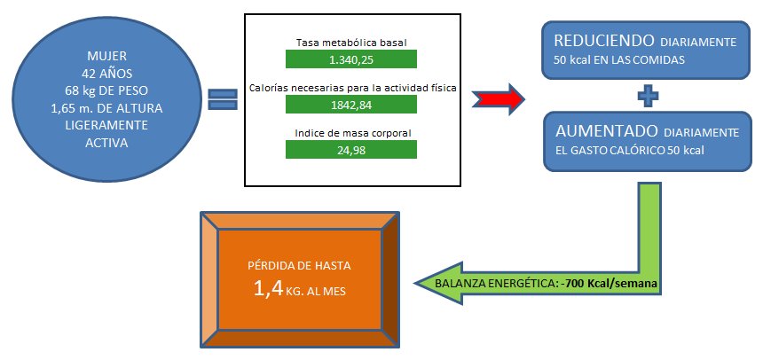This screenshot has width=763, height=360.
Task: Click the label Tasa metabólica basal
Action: [x=350, y=42]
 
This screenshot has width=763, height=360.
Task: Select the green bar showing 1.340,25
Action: [x=350, y=59]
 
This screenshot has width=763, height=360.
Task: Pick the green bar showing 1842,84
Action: [x=350, y=105]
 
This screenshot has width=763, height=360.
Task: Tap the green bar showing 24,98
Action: [x=350, y=150]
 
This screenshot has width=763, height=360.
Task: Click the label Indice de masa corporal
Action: [x=350, y=133]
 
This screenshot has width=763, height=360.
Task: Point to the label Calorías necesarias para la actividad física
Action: [x=350, y=88]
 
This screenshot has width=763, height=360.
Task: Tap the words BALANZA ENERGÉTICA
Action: [x=501, y=284]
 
